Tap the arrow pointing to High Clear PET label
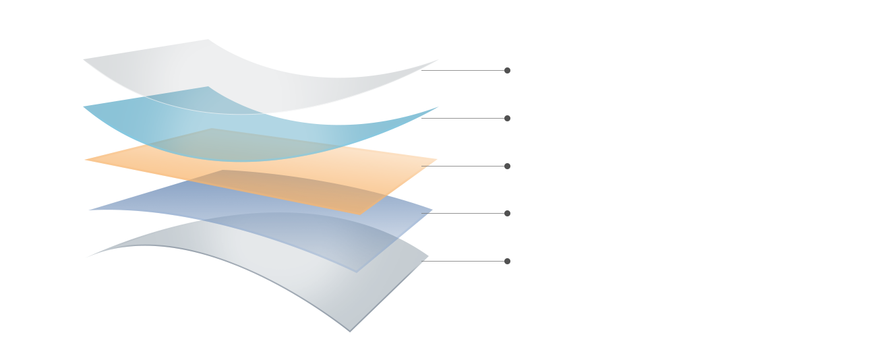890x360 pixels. [x=422, y=70]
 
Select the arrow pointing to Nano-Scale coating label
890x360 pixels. [x=422, y=118]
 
